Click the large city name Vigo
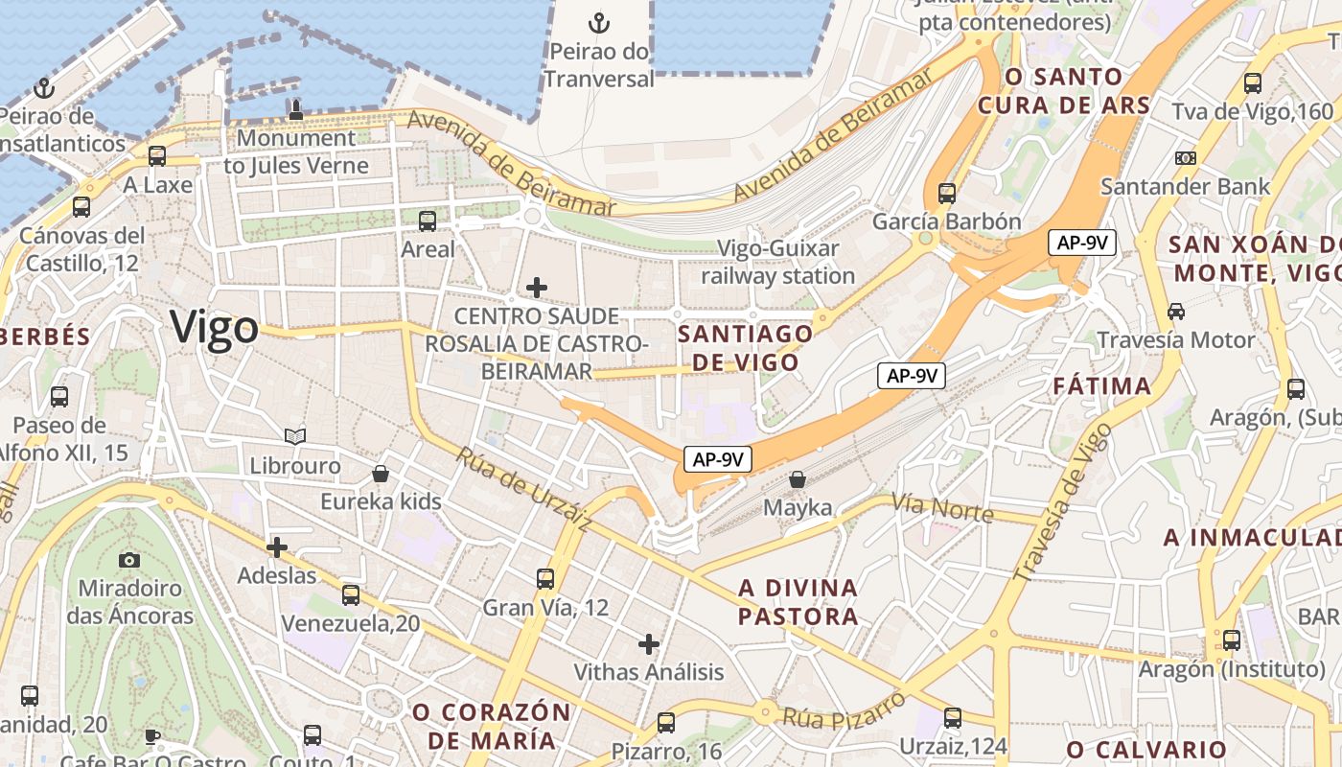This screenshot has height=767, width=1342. [x=215, y=328]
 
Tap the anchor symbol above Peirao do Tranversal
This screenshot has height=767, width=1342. [x=599, y=22]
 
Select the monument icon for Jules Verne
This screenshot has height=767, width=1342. [x=295, y=109]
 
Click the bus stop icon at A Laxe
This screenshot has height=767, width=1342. [x=157, y=155]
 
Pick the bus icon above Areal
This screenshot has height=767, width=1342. [x=428, y=221]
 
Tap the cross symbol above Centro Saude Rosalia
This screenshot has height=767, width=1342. [x=537, y=287]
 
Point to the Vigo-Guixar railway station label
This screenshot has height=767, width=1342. [x=777, y=262]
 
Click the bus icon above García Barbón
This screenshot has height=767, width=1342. [x=947, y=193]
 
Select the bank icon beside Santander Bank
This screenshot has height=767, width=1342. [x=1186, y=157]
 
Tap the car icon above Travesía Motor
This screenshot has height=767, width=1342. [x=1176, y=312]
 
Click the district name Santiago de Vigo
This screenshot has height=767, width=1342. [x=746, y=347]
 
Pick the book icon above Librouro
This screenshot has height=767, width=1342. [x=295, y=437]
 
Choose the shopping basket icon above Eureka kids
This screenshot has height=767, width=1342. [x=381, y=474]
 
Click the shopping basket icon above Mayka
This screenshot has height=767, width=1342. [x=798, y=478]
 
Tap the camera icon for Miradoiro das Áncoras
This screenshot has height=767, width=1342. [x=129, y=559]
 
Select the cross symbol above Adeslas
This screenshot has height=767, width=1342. [x=277, y=547]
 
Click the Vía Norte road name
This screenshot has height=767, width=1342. [x=941, y=507]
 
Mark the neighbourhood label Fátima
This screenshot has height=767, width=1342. [x=1101, y=386]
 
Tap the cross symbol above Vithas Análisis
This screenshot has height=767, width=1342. [x=649, y=643]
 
